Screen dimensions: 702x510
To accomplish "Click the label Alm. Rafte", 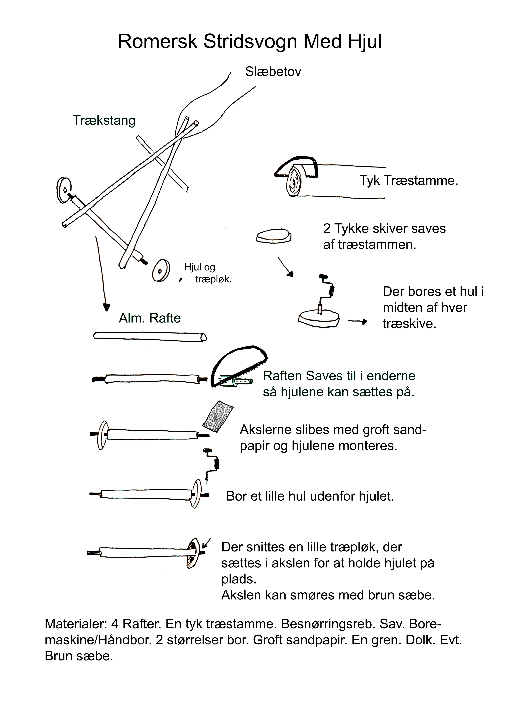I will [150, 318].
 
